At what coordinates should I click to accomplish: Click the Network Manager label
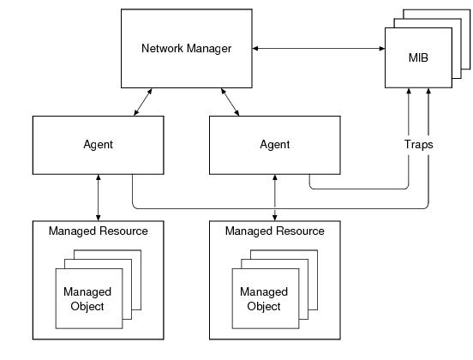tap(187, 49)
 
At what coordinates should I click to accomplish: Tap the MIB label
tap(418, 57)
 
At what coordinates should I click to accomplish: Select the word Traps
tap(418, 145)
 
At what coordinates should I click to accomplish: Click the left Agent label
tap(98, 145)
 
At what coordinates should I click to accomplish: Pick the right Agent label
tap(275, 145)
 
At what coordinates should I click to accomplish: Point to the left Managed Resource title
tap(99, 231)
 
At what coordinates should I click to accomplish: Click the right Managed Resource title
tap(275, 231)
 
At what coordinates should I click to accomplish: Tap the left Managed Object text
tap(87, 299)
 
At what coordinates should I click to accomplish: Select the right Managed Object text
tap(264, 299)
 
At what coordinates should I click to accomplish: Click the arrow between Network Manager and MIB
tap(319, 48)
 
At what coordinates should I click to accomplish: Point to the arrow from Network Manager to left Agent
tap(143, 102)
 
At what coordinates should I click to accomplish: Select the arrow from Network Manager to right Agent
tap(231, 102)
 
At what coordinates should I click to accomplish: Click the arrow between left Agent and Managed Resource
tap(98, 198)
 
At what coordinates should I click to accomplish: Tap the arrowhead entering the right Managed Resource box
tap(275, 219)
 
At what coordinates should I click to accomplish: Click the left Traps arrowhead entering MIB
tap(409, 91)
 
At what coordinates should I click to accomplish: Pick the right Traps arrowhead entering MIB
tap(428, 91)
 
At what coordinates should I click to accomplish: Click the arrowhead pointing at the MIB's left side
tap(382, 48)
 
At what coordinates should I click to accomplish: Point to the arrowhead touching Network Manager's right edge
tap(255, 48)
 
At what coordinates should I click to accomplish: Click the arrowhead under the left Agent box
tap(98, 177)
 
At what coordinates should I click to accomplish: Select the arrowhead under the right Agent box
tap(275, 177)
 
